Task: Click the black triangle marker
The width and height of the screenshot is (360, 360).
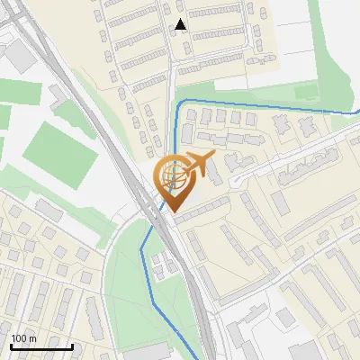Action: pyautogui.click(x=182, y=25)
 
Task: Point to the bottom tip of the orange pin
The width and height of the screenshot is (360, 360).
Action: pyautogui.click(x=172, y=213)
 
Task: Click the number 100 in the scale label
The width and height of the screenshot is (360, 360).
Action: pyautogui.click(x=19, y=338)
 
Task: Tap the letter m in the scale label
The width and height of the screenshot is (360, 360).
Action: pyautogui.click(x=33, y=338)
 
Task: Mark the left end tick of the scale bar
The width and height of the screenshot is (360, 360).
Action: pyautogui.click(x=11, y=346)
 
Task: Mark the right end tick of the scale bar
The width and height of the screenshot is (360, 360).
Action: pyautogui.click(x=73, y=346)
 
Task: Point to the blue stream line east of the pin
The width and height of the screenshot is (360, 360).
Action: pyautogui.click(x=270, y=106)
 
